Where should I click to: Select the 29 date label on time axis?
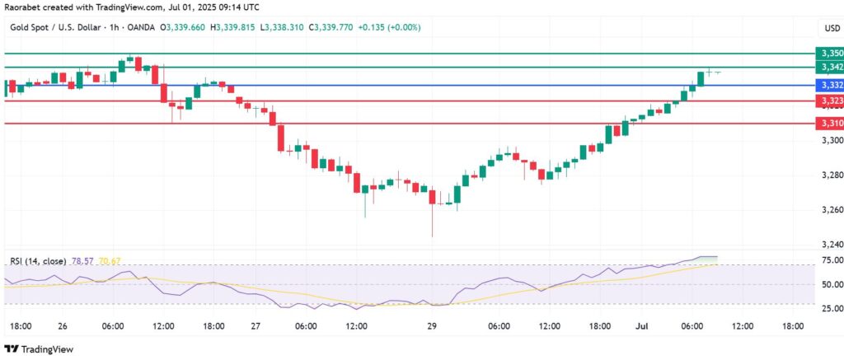pyautogui.click(x=432, y=326)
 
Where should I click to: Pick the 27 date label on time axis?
pyautogui.click(x=256, y=326)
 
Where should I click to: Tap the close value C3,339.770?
pyautogui.click(x=335, y=27)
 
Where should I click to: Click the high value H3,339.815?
pyautogui.click(x=232, y=27)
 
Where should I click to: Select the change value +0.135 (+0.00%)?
pyautogui.click(x=392, y=27)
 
